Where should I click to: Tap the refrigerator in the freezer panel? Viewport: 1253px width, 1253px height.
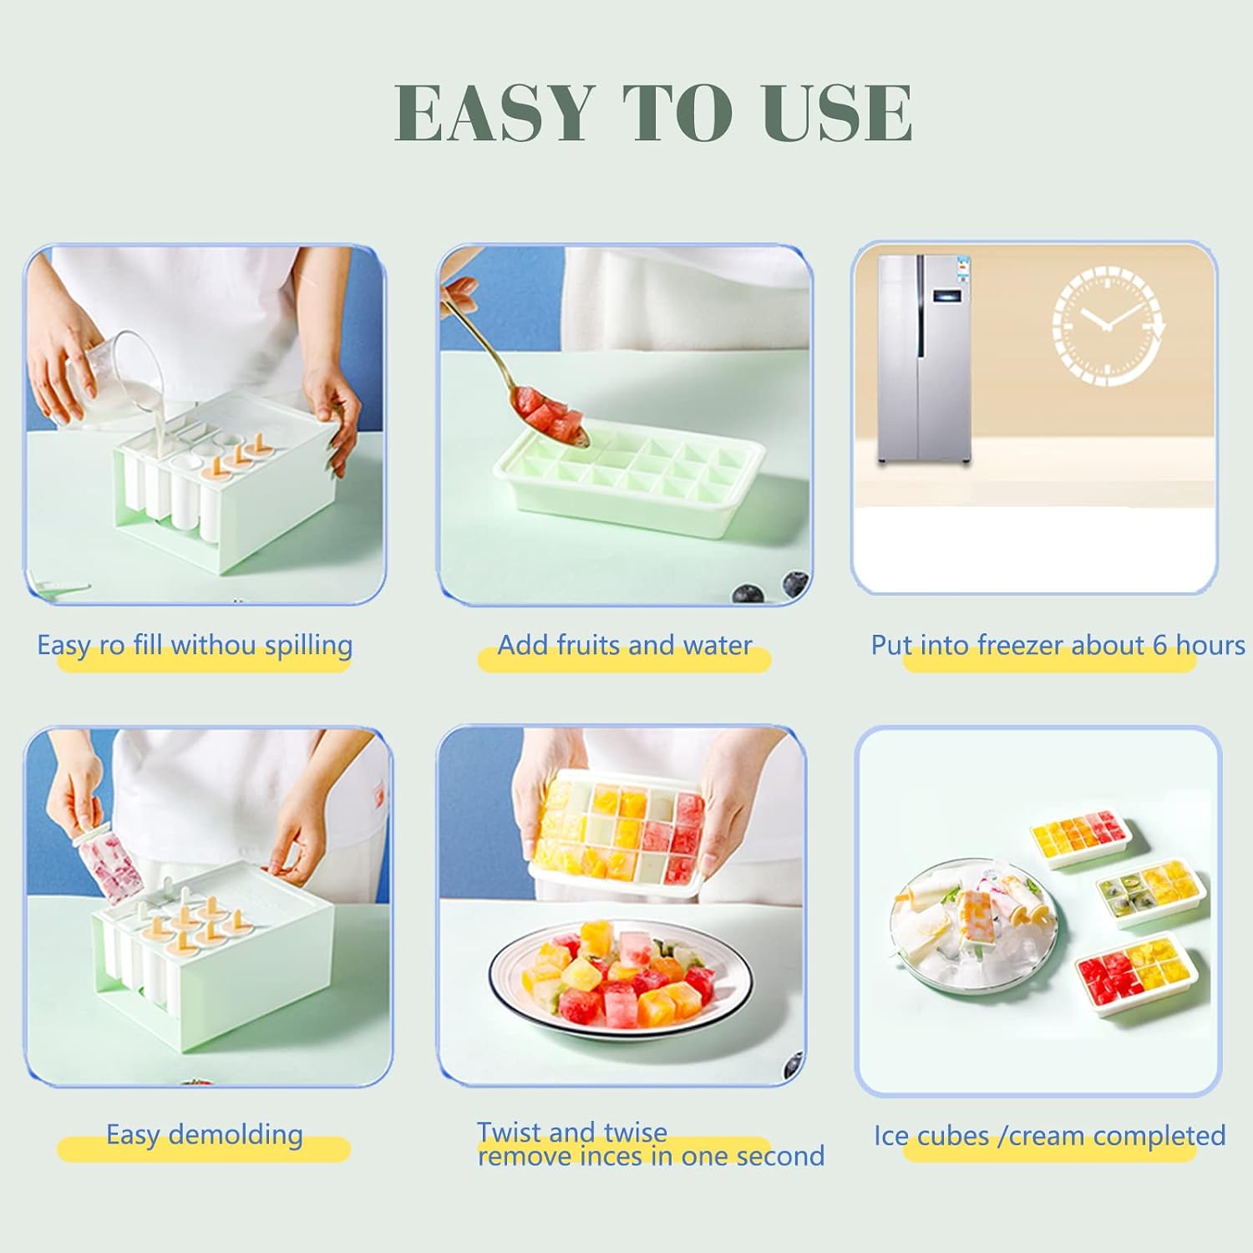(x=924, y=359)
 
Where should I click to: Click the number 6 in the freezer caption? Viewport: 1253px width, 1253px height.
(x=1159, y=645)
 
